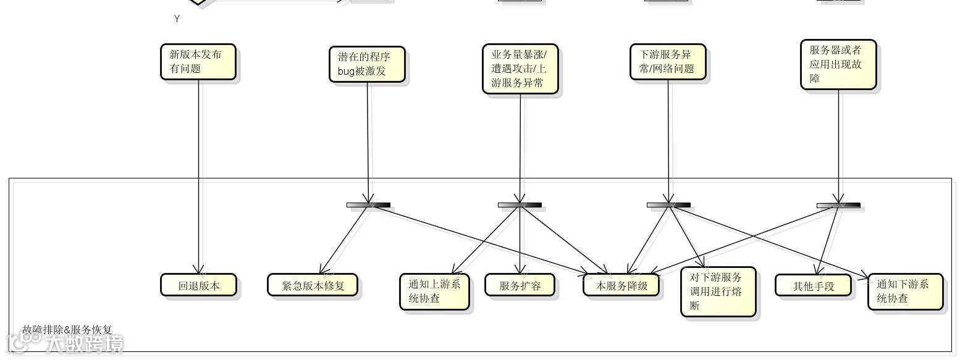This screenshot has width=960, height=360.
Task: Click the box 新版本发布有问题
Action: click(198, 62)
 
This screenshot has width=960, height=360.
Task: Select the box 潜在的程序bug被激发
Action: click(367, 64)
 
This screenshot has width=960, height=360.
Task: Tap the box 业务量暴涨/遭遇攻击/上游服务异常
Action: click(520, 69)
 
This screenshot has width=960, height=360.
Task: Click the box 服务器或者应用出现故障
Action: click(838, 65)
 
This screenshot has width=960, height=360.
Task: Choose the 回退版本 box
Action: click(198, 285)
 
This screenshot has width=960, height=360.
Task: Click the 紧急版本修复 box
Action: click(312, 285)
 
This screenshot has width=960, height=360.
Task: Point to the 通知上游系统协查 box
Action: click(434, 291)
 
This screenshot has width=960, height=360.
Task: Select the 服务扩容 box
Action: click(520, 285)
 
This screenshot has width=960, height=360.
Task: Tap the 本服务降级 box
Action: click(621, 285)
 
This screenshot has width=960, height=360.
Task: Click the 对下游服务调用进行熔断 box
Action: click(718, 291)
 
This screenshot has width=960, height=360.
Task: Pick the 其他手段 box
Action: click(813, 285)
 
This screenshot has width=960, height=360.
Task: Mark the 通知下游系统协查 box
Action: click(905, 291)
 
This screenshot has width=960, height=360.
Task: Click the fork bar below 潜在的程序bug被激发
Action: click(368, 205)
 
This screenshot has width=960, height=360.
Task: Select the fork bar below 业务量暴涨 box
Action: click(520, 205)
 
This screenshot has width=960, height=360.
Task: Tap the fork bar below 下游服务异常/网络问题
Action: click(668, 205)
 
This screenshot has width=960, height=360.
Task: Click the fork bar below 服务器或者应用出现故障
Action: click(838, 205)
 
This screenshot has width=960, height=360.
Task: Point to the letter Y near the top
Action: click(177, 19)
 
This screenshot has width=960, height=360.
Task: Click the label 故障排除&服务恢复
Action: click(67, 330)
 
